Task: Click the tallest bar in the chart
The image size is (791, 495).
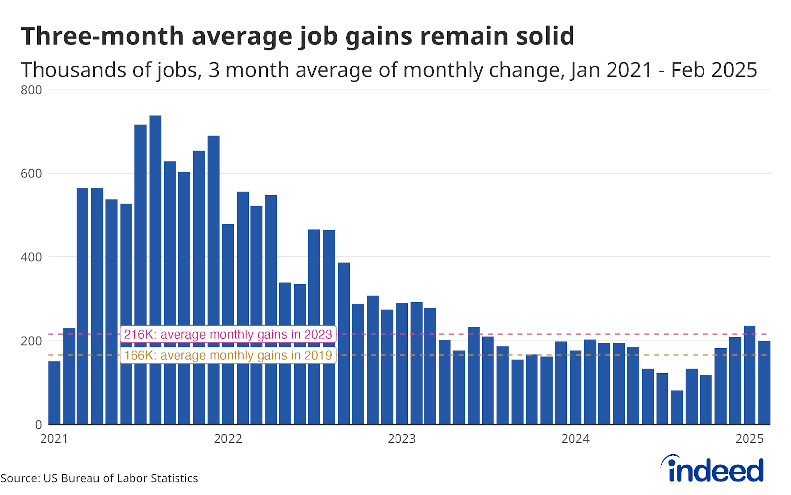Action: [155, 270]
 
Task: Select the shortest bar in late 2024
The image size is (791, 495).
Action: [677, 407]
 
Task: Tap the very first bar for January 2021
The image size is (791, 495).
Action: [54, 393]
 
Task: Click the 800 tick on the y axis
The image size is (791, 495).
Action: [31, 90]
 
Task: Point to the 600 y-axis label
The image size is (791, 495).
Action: [31, 174]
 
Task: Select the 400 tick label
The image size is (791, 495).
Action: [31, 257]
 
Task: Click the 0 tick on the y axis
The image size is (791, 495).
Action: [38, 425]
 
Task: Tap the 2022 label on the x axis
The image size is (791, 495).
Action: [228, 439]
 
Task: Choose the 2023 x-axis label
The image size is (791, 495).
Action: [401, 439]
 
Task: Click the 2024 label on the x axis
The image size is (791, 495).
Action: [575, 439]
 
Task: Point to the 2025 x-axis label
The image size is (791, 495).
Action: [749, 439]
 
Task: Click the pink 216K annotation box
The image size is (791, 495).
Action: [228, 334]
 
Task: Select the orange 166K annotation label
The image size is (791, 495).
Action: [228, 355]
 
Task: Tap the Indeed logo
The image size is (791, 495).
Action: [712, 469]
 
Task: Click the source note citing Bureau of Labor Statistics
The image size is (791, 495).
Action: [99, 478]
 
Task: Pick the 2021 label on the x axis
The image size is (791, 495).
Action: [54, 439]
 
